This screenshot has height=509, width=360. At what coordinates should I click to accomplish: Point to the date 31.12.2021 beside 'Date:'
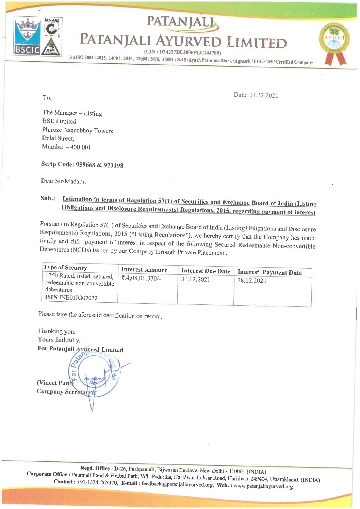[x=264, y=95]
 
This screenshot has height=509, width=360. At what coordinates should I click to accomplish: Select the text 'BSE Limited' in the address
[x=59, y=121]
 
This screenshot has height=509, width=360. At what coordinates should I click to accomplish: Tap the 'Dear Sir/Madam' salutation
[x=63, y=181]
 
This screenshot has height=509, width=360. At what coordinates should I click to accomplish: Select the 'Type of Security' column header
[x=65, y=268]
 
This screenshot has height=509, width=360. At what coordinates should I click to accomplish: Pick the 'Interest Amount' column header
[x=144, y=270]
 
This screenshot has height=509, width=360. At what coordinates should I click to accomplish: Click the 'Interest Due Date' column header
[x=206, y=271]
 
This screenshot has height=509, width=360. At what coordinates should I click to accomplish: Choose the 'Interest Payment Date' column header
[x=269, y=272]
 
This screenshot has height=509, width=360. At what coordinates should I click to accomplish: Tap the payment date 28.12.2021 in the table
[x=252, y=281]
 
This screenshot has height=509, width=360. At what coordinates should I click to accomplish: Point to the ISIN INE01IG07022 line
[x=71, y=298]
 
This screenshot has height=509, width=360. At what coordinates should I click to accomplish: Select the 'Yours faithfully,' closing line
[x=59, y=340]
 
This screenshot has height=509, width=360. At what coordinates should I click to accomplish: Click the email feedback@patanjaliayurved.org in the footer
[x=178, y=484]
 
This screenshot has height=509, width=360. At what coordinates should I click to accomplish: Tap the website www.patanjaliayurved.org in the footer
[x=263, y=486]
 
